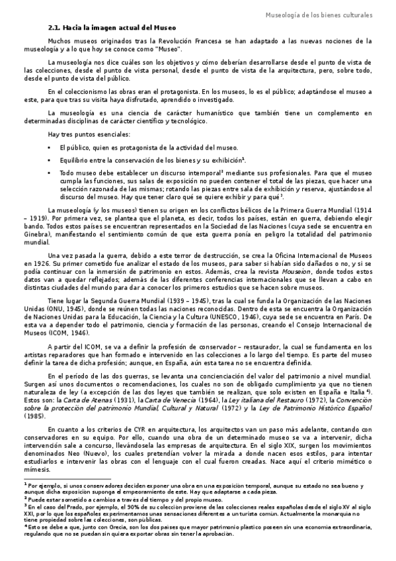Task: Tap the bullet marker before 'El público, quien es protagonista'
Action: (50, 148)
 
